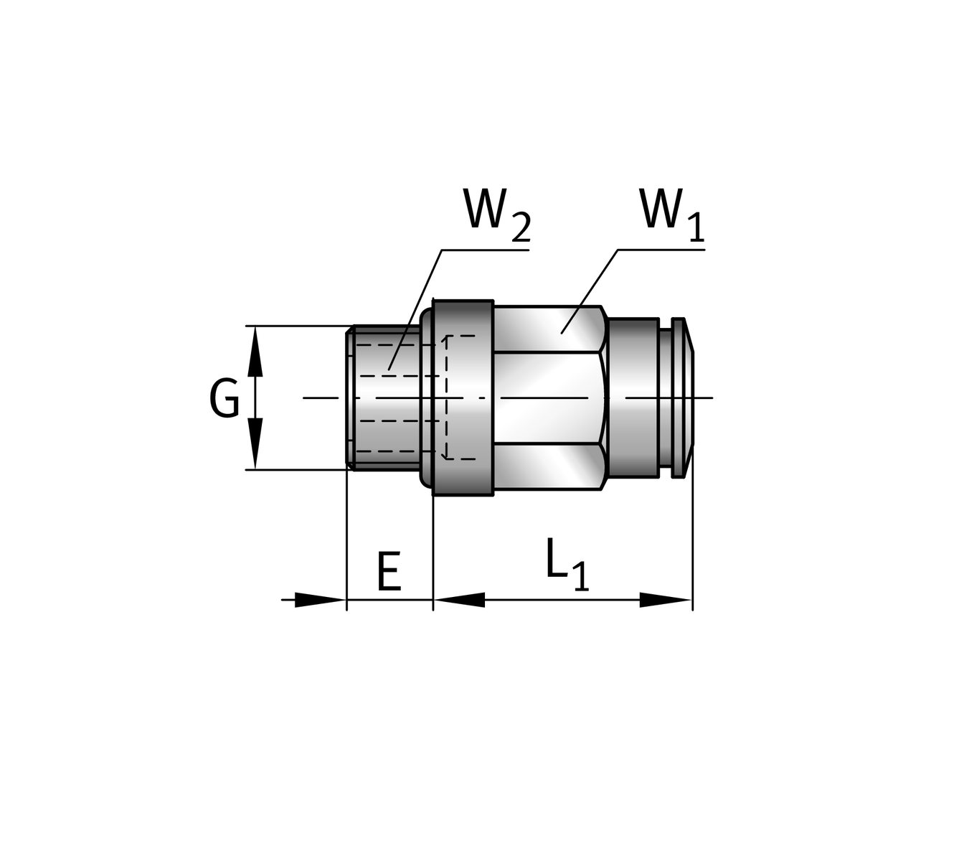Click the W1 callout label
671,212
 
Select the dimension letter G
225,399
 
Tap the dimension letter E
388,572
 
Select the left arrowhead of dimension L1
459,600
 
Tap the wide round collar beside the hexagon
463,398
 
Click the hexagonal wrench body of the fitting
549,398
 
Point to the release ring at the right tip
681,398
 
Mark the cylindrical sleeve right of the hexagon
633,398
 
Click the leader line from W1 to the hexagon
590,291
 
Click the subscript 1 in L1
581,577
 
